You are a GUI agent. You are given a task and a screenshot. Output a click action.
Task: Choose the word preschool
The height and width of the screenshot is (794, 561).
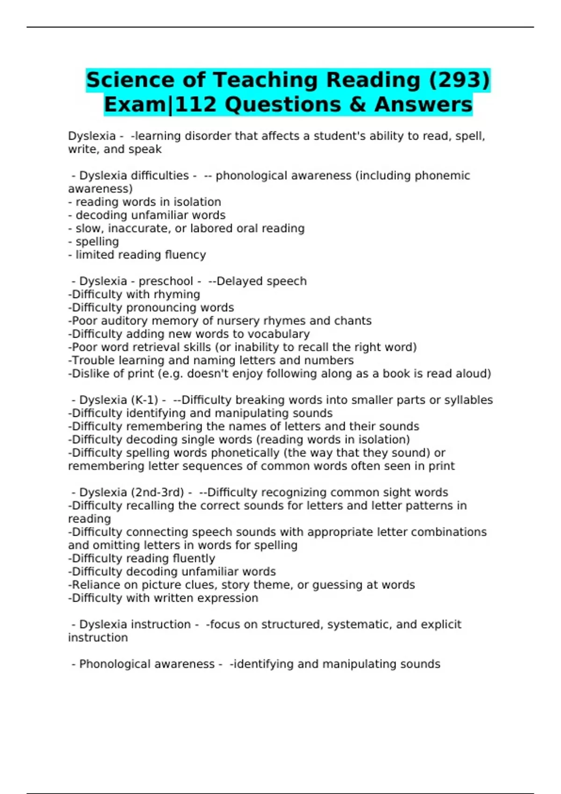pos(165,281)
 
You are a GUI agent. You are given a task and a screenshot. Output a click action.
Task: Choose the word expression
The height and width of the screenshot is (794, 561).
pos(231,598)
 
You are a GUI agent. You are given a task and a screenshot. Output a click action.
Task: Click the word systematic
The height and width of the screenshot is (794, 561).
pos(357,624)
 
